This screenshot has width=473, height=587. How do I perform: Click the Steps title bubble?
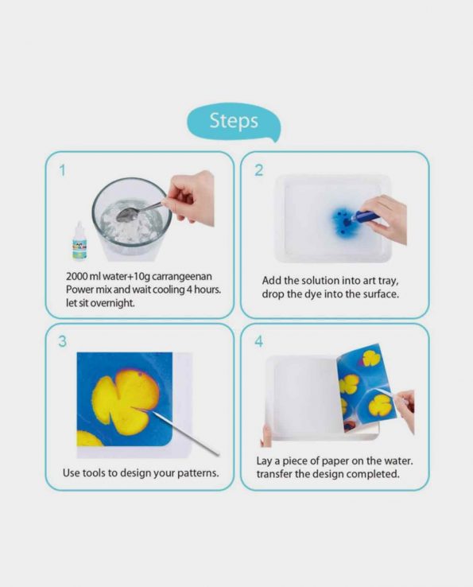click(234, 122)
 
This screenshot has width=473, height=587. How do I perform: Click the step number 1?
click(62, 169)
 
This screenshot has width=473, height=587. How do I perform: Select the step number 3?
click(62, 341)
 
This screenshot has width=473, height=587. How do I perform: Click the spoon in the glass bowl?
click(135, 211)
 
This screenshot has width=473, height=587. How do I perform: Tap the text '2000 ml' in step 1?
click(85, 274)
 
